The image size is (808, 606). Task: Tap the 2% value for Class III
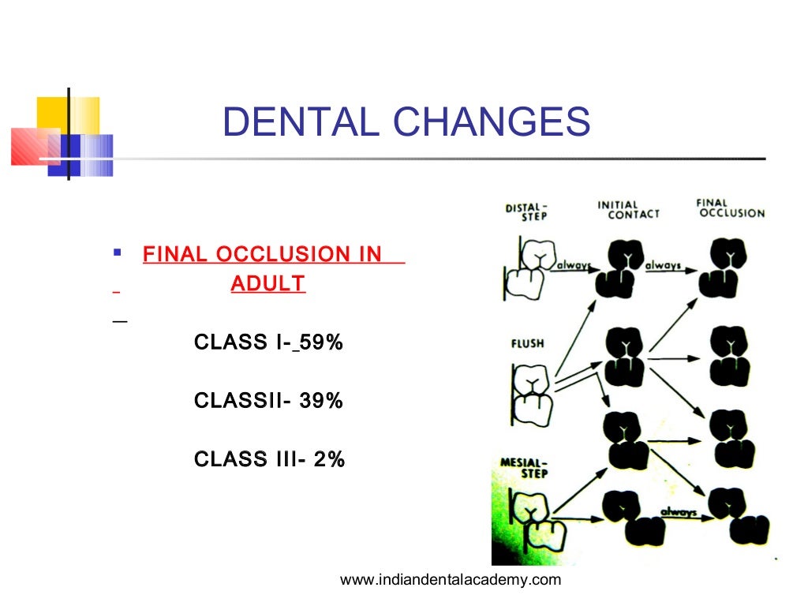[328, 458]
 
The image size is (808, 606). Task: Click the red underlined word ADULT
[267, 283]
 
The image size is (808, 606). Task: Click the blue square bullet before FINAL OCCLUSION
[117, 253]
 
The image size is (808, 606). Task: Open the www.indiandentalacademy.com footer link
[450, 580]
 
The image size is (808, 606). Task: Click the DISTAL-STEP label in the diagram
[526, 212]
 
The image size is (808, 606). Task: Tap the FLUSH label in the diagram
[528, 344]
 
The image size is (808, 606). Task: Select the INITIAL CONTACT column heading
[628, 209]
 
